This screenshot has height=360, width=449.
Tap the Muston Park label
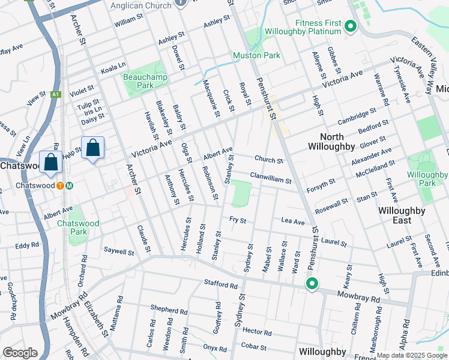coord(256,56)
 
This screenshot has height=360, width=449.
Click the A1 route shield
coord(56,94)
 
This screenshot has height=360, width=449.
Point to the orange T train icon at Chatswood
coord(61,185)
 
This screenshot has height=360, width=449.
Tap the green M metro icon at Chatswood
coord(70,185)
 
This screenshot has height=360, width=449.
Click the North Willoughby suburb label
coord(331,142)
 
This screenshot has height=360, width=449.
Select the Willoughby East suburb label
coord(402,215)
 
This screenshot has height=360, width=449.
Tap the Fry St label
coord(238,220)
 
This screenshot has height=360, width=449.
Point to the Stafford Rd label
coord(220,283)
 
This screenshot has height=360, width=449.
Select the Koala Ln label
coord(113,68)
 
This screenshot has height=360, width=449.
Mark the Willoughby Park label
coord(427,179)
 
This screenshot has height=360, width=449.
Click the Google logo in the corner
coord(20,353)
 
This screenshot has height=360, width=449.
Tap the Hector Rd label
coord(258,331)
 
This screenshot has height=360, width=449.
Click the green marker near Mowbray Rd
coord(312,284)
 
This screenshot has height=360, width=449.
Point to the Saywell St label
coord(119,251)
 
